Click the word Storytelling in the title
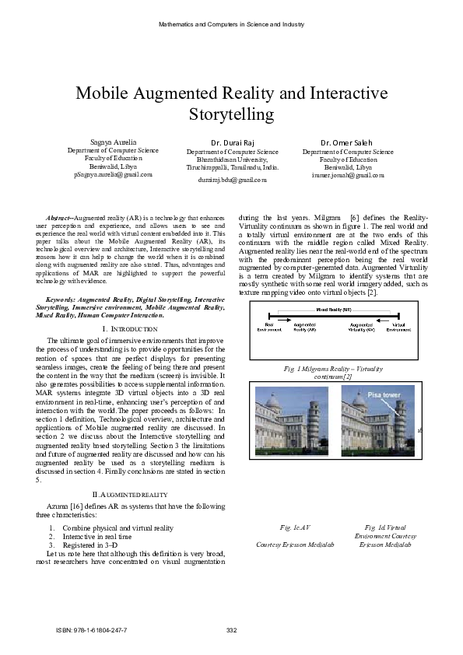(231, 115)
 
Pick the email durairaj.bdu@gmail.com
(232, 179)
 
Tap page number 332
(230, 629)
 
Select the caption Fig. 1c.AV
(296, 527)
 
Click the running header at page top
(231, 24)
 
